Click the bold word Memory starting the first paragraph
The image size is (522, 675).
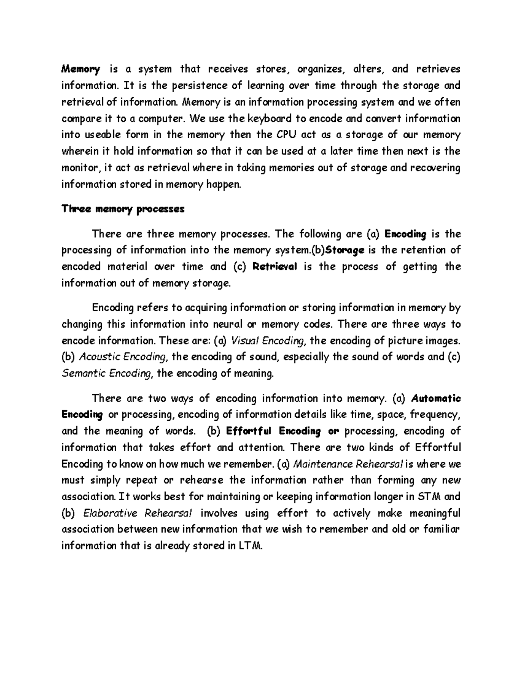(81, 69)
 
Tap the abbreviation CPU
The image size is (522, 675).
(287, 135)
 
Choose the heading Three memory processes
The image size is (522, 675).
(123, 209)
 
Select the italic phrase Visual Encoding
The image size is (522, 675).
(268, 341)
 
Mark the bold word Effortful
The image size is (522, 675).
(249, 431)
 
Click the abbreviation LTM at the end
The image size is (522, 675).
(251, 546)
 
